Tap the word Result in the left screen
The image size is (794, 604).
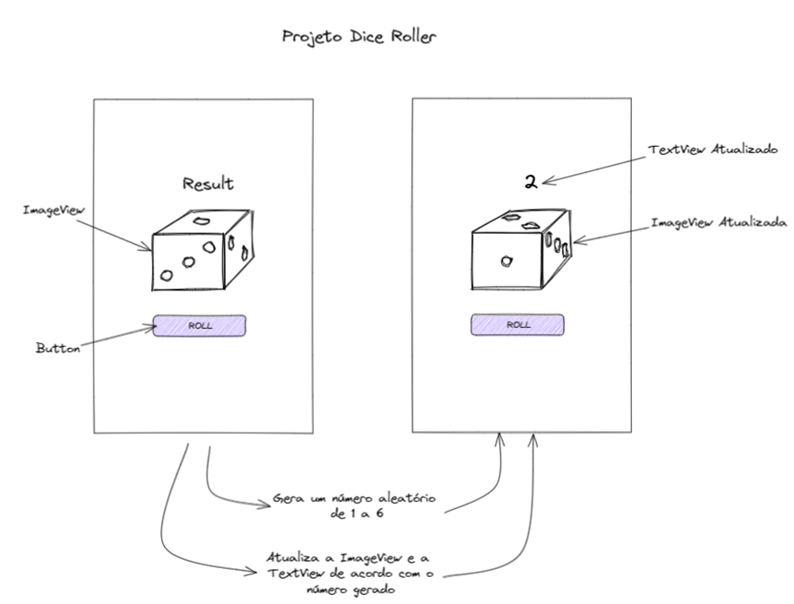coord(208,185)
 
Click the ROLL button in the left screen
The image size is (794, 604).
coord(199,325)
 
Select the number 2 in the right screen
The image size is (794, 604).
coord(531,183)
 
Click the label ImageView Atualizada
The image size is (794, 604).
coord(719,221)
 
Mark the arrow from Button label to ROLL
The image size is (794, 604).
coord(117,338)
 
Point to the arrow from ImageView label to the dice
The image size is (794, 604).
coord(112,232)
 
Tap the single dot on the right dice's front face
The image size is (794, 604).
coord(506,261)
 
